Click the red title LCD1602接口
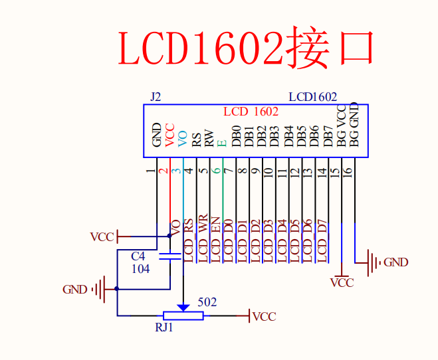tap(246, 48)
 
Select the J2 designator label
tap(156, 97)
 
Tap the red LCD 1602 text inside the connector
tap(251, 112)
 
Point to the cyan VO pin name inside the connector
tap(183, 137)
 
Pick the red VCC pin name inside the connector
tap(170, 134)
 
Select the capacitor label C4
tap(138, 256)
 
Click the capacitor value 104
tap(140, 268)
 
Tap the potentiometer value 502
tap(207, 302)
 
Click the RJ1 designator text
tap(164, 327)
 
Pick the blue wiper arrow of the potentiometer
tap(183, 308)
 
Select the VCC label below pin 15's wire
tap(342, 283)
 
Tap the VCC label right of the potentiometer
tap(264, 317)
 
